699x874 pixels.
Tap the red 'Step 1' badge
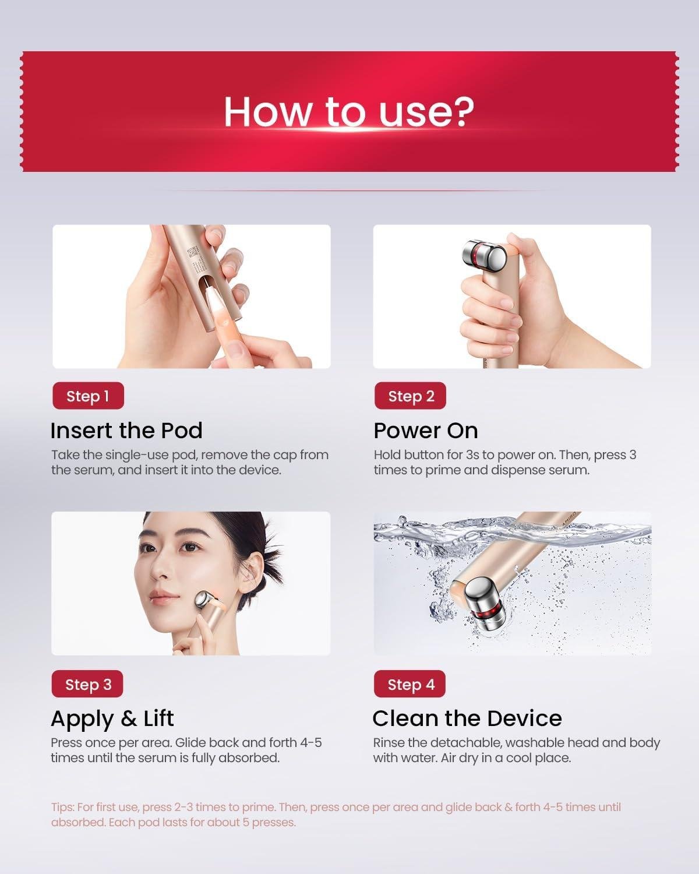(x=88, y=396)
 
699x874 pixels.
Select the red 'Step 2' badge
(x=411, y=396)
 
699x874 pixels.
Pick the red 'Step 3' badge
(x=88, y=684)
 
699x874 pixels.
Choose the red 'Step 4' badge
(x=411, y=684)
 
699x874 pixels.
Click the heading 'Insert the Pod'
(x=126, y=431)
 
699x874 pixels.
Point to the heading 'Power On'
(x=426, y=431)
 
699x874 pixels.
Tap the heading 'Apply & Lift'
(x=112, y=718)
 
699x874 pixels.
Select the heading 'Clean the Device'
(x=467, y=718)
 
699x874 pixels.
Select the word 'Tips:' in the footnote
(x=63, y=807)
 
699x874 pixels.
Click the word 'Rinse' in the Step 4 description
(x=387, y=743)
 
